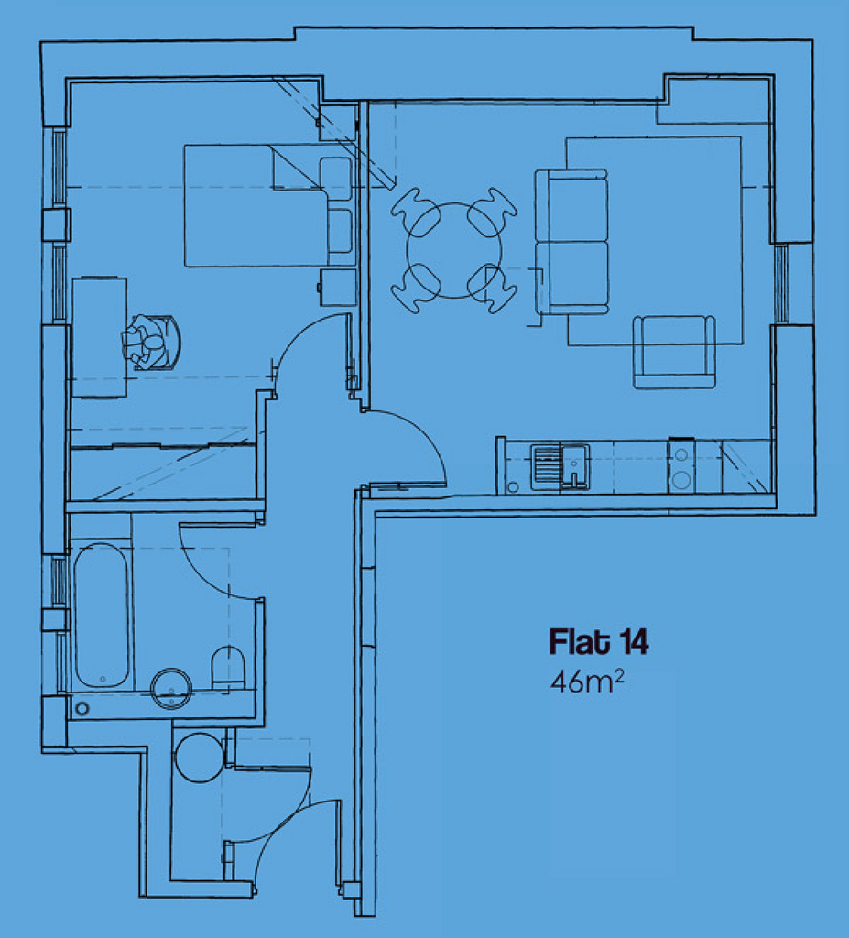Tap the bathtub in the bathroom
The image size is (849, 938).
tap(102, 615)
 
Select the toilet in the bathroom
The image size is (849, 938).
tap(229, 668)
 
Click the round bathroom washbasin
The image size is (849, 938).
tap(171, 689)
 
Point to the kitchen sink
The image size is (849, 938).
tap(560, 467)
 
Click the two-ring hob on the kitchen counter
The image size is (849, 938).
tap(680, 466)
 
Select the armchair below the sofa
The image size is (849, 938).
tap(674, 352)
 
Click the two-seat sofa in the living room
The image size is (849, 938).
tap(571, 242)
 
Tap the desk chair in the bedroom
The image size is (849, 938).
tap(152, 343)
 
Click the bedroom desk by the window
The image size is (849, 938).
tap(99, 337)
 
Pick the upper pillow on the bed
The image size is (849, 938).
tap(335, 179)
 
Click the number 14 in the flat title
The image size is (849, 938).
tap(634, 642)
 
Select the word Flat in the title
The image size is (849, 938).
tap(581, 641)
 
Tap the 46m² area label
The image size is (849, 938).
tap(587, 682)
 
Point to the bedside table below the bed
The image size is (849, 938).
tap(337, 288)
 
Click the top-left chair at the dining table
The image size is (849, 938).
tap(416, 212)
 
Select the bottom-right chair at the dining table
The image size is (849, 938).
tap(492, 289)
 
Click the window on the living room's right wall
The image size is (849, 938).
tap(781, 283)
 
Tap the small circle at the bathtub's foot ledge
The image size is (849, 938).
tap(82, 709)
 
